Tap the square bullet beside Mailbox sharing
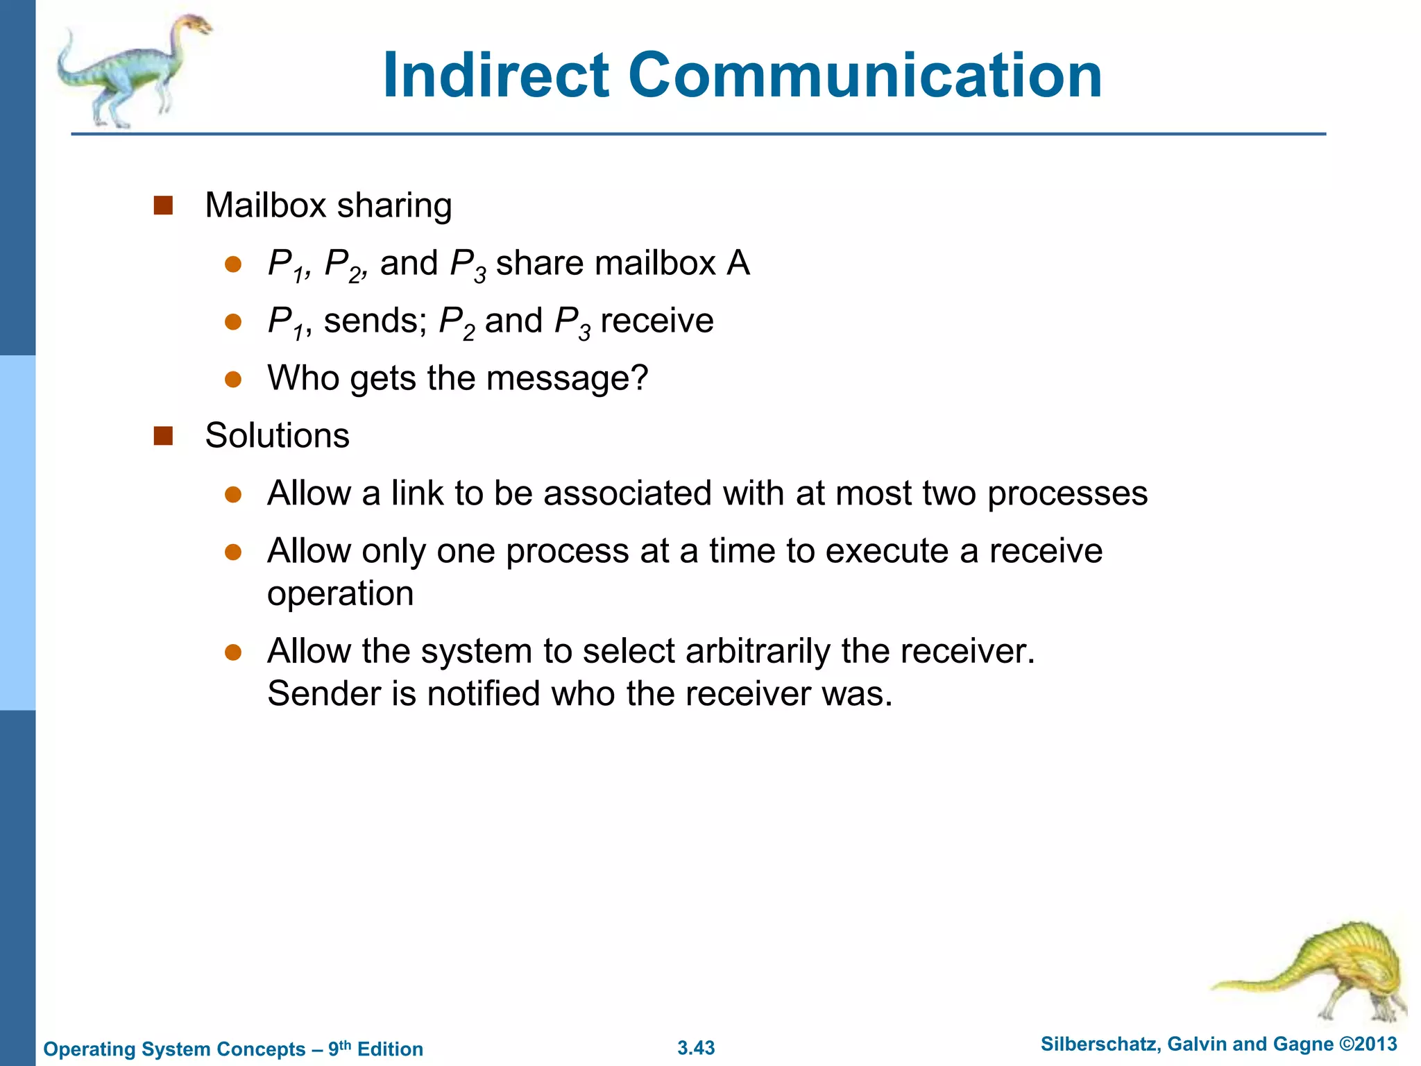click(163, 205)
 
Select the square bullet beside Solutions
click(163, 436)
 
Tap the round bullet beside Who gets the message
click(233, 380)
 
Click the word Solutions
click(277, 436)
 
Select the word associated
click(627, 493)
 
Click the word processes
click(1067, 495)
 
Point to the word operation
click(340, 594)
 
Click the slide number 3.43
click(696, 1048)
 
